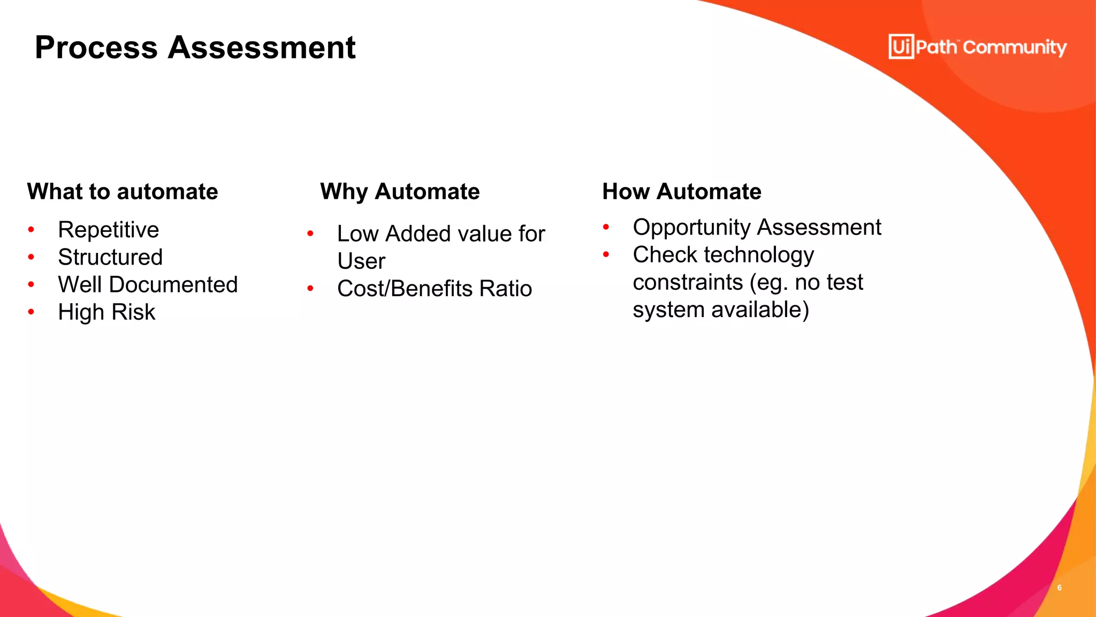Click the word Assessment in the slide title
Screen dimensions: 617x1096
pyautogui.click(x=262, y=48)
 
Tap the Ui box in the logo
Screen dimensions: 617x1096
pyautogui.click(x=901, y=47)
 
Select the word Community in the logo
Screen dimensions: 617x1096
pyautogui.click(x=1015, y=48)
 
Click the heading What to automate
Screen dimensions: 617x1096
pyautogui.click(x=123, y=192)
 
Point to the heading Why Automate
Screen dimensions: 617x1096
pyautogui.click(x=400, y=192)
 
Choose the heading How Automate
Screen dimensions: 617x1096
pyautogui.click(x=681, y=192)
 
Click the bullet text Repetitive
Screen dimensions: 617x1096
pyautogui.click(x=108, y=230)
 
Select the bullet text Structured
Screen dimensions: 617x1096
pyautogui.click(x=110, y=257)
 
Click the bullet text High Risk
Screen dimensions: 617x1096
pyautogui.click(x=106, y=312)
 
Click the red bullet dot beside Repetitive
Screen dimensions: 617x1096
pyautogui.click(x=31, y=230)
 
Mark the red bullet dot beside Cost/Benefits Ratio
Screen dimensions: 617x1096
pyautogui.click(x=310, y=289)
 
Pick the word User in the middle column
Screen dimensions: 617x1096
pyautogui.click(x=361, y=261)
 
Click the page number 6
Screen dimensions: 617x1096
pyautogui.click(x=1059, y=588)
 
